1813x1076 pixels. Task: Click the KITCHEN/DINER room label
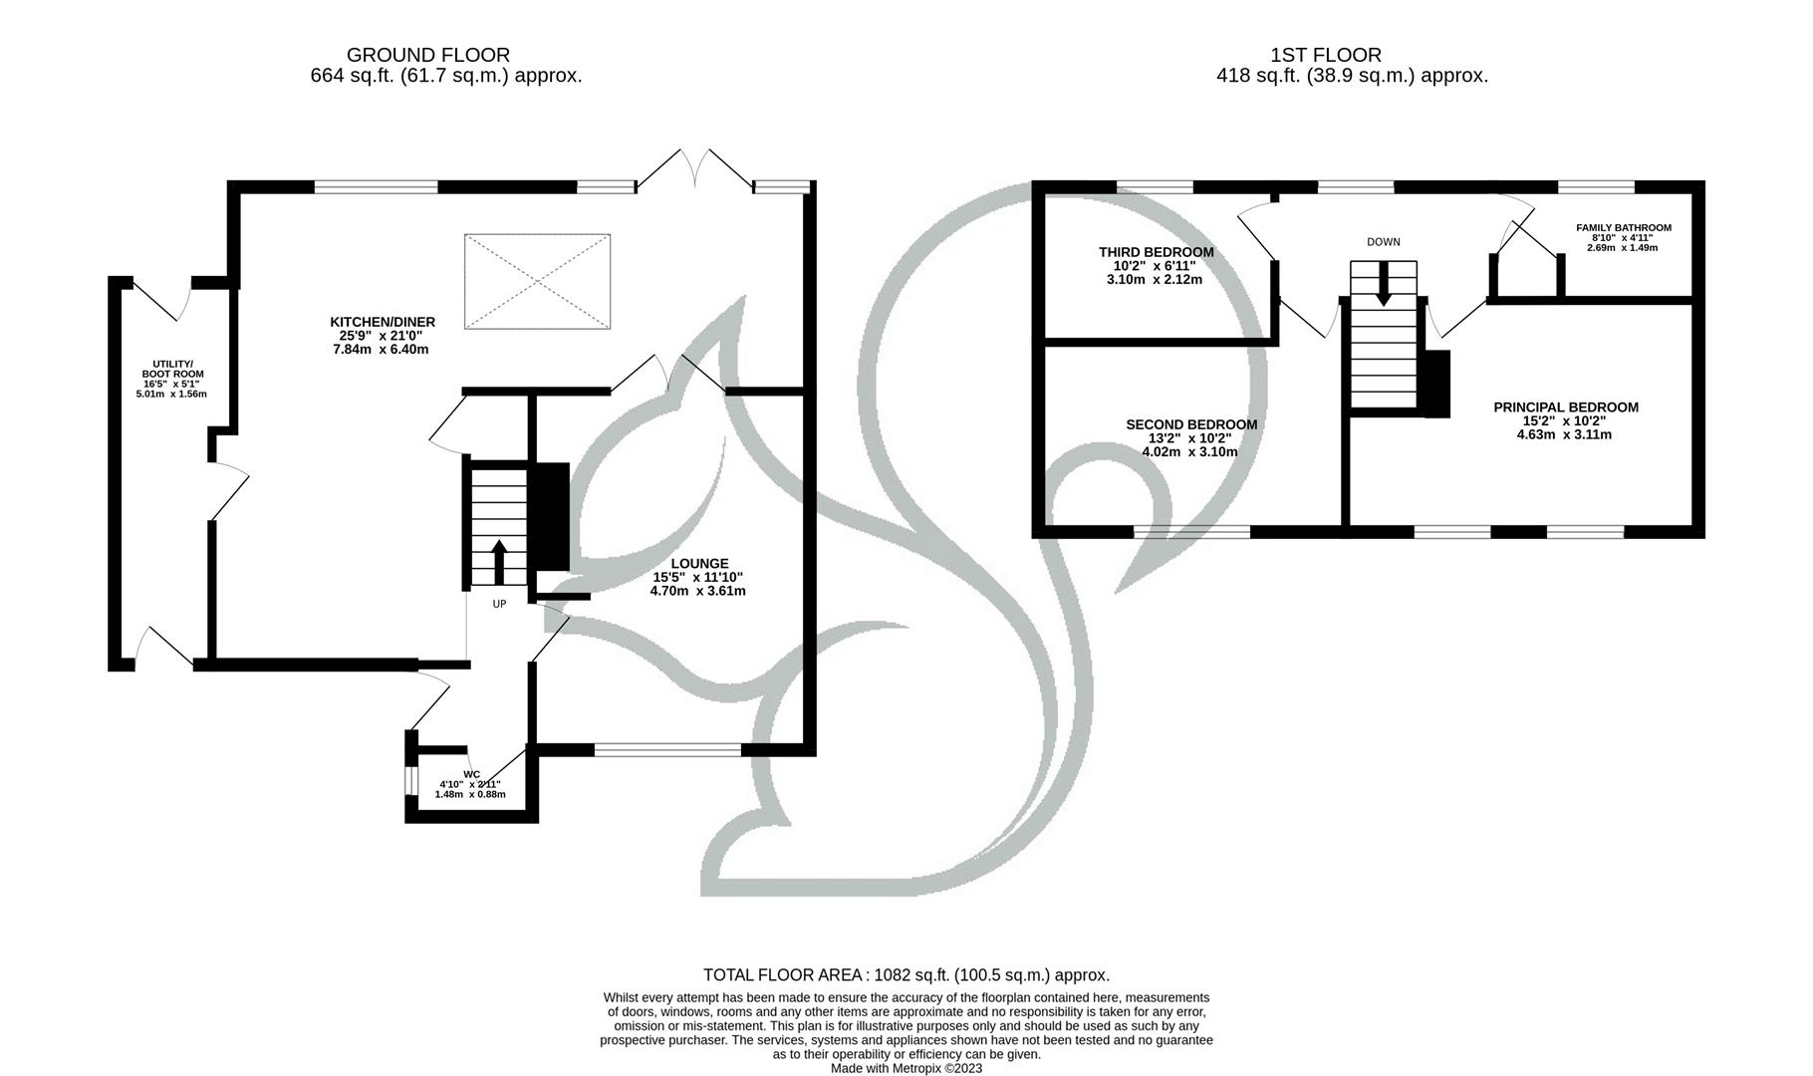click(x=383, y=322)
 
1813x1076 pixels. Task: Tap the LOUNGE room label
click(x=699, y=564)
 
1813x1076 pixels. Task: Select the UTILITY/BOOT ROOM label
click(x=172, y=369)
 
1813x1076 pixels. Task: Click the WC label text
click(x=472, y=774)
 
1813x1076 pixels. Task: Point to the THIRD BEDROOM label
click(x=1156, y=252)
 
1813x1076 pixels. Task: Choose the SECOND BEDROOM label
click(x=1191, y=424)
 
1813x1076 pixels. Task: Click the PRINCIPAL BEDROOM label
click(x=1566, y=406)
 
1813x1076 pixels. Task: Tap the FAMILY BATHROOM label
click(x=1624, y=228)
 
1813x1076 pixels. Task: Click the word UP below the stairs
click(x=499, y=604)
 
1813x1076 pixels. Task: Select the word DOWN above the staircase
click(x=1383, y=242)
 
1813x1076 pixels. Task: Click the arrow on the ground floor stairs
click(x=499, y=562)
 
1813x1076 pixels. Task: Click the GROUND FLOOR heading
click(x=428, y=55)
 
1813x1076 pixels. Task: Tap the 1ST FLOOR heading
click(x=1326, y=55)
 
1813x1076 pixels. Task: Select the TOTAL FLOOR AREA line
click(x=906, y=975)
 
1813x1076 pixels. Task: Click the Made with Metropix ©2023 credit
click(x=906, y=1068)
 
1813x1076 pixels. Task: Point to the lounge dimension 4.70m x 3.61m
click(x=697, y=591)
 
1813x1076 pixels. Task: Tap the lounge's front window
click(x=667, y=749)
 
